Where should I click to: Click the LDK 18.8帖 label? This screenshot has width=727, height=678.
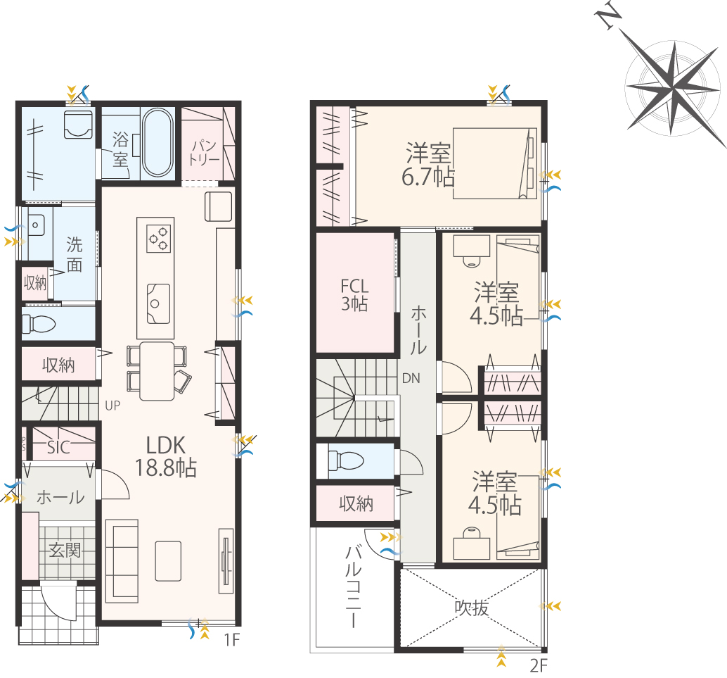tap(166, 457)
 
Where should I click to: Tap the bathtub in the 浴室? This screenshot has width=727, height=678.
tap(157, 142)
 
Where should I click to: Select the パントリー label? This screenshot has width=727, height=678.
tap(204, 152)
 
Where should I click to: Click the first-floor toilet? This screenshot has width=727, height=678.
tap(39, 324)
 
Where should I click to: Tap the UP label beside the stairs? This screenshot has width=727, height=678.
tap(112, 406)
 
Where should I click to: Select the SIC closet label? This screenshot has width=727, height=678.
tap(58, 447)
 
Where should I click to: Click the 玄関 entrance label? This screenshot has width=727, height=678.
tap(65, 551)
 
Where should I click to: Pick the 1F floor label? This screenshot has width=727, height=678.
tap(232, 640)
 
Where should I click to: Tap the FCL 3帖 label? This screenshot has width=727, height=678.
tap(354, 294)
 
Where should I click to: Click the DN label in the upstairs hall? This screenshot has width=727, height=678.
tap(411, 379)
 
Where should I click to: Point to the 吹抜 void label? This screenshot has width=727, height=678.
tap(472, 608)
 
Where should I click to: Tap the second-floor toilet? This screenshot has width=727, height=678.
tap(346, 460)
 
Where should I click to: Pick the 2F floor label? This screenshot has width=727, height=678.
tap(539, 666)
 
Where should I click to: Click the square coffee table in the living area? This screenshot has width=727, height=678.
tap(168, 561)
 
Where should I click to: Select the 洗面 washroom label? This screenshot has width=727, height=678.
tap(75, 254)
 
